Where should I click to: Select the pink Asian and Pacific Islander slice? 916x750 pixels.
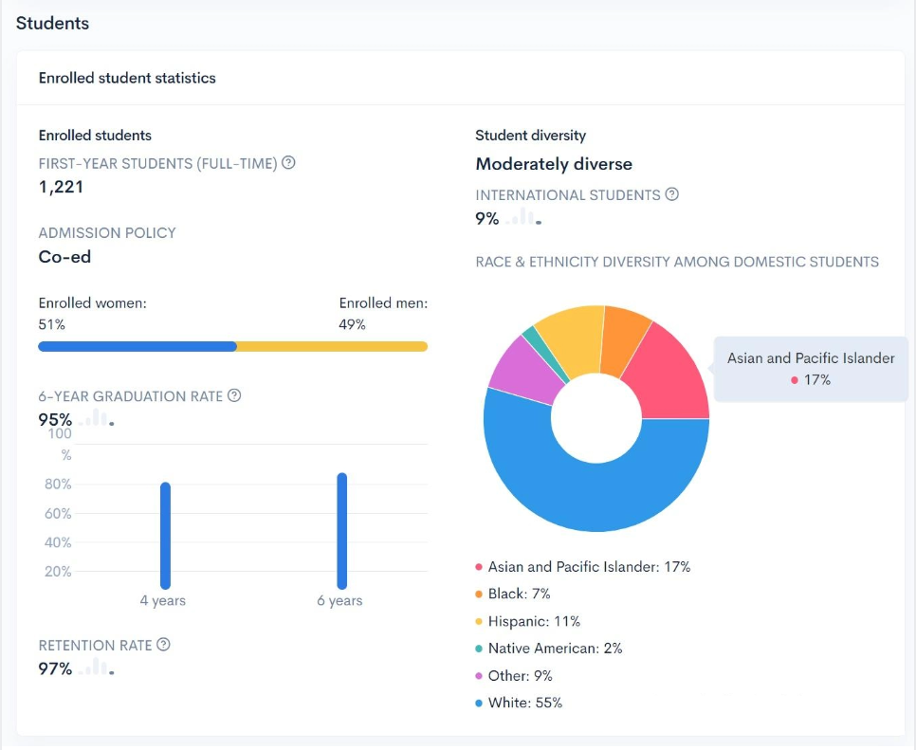tap(668, 375)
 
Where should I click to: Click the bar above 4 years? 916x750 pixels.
tap(165, 536)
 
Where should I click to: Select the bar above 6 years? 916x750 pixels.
tap(341, 531)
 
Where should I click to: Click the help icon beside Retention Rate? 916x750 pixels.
tap(163, 645)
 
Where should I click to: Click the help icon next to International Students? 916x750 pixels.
tap(671, 194)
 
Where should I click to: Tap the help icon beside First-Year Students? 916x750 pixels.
tap(288, 163)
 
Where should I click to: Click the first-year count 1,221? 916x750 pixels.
tap(61, 187)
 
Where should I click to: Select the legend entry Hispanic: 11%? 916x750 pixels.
tap(534, 621)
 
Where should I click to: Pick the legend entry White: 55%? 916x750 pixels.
tap(524, 703)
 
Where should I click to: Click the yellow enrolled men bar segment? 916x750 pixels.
tap(332, 346)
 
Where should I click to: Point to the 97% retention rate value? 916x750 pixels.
tap(55, 668)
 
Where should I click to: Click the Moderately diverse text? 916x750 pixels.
tap(554, 164)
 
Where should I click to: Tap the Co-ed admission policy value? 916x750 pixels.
tap(64, 257)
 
